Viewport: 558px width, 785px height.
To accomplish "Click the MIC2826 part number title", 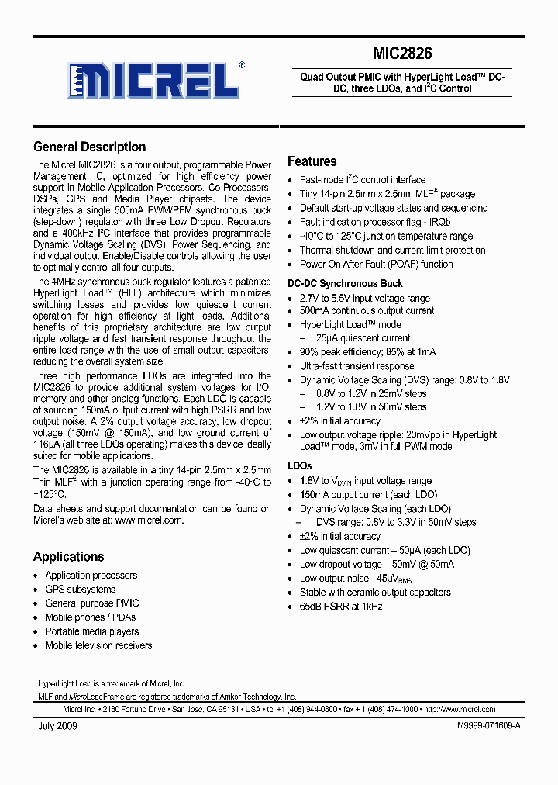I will pos(403,54).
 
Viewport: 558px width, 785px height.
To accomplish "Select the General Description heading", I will pos(89,147).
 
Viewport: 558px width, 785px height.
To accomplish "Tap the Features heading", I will pos(312,161).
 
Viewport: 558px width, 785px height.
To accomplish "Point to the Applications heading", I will pos(68,556).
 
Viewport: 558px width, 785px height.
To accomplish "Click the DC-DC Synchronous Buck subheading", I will pos(345,284).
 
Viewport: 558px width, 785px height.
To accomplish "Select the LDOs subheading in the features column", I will pos(299,465).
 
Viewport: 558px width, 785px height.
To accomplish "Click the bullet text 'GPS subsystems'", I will pos(80,590).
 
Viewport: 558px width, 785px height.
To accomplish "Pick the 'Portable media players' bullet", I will pos(91,631).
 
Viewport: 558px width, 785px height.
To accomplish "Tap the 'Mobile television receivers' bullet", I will pos(98,645).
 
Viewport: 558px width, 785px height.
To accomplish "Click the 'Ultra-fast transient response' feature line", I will pos(356,366).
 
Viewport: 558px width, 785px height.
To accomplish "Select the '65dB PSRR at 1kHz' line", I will pos(341,606).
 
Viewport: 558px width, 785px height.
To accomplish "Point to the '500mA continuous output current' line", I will pos(367,311).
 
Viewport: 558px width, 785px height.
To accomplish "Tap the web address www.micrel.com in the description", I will pos(150,520).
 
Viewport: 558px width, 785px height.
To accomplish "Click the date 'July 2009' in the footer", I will pos(57,726).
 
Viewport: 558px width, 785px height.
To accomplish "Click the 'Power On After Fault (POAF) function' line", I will pos(376,264).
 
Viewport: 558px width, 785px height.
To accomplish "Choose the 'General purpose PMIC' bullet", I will pos(92,603).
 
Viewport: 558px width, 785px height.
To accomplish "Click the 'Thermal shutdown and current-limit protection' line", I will pos(392,250).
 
